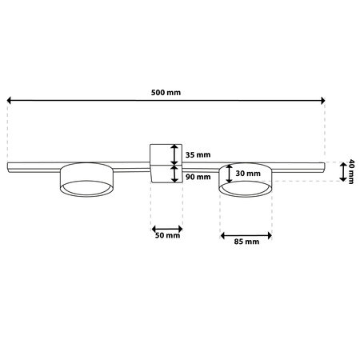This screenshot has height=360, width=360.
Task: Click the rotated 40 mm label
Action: [350, 172]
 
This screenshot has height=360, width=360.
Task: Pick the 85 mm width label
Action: [246, 242]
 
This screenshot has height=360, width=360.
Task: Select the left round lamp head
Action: [86, 182]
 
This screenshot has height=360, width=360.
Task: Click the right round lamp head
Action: [246, 182]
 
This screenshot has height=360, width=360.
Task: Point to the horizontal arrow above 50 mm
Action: [166, 226]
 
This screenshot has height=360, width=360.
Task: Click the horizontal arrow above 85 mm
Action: [246, 234]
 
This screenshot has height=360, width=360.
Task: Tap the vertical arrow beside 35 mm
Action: [174, 154]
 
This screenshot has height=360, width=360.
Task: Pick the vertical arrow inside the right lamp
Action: [230, 173]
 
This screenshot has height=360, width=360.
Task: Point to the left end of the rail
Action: [10, 166]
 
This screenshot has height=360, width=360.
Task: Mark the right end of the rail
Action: [322, 166]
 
